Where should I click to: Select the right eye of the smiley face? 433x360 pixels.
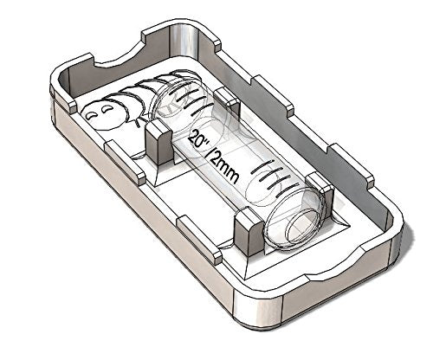point(106,108)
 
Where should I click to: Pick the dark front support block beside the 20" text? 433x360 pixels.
point(158,144)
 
